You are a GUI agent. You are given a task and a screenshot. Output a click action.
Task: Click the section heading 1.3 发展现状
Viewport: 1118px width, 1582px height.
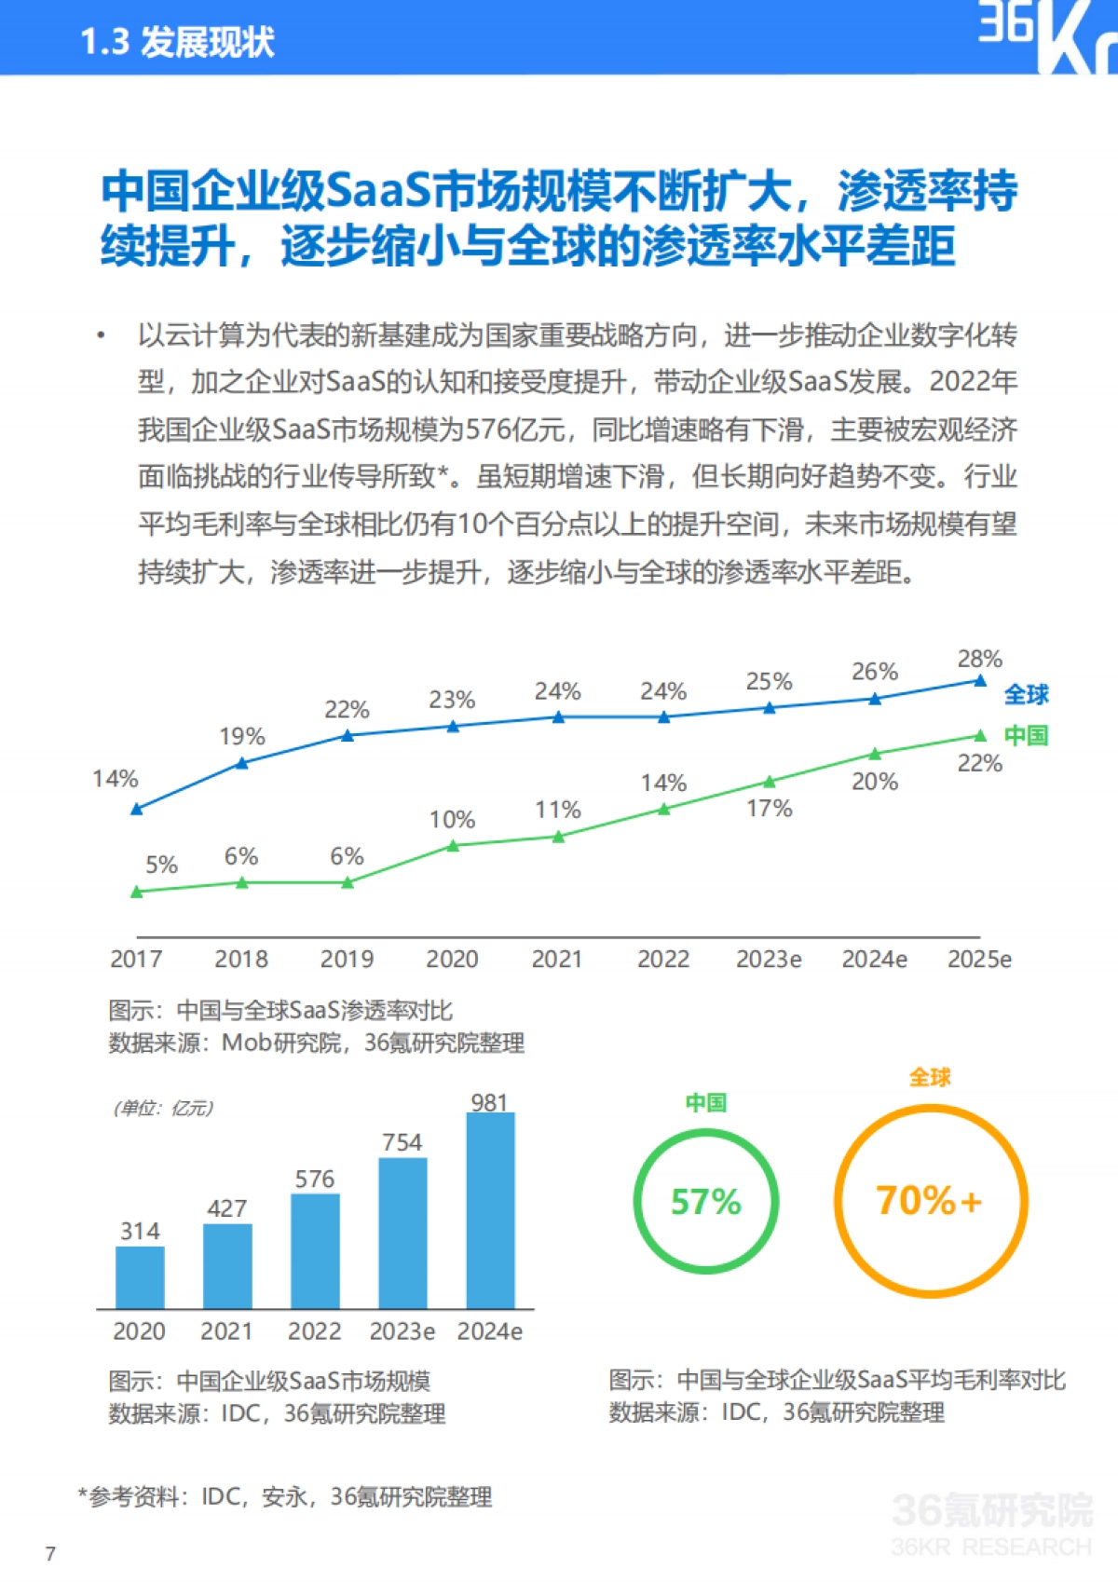coord(177,42)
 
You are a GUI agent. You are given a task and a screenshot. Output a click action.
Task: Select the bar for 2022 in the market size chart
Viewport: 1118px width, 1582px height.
coord(315,1250)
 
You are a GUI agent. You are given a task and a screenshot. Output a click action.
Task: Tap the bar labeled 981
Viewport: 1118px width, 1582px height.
coord(490,1209)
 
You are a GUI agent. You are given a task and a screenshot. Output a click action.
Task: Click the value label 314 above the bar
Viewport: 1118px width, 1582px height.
coord(140,1232)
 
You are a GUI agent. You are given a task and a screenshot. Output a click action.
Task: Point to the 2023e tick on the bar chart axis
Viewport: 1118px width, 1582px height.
coord(402,1331)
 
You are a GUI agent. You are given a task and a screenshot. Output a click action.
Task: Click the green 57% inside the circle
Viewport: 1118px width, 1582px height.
coord(705,1202)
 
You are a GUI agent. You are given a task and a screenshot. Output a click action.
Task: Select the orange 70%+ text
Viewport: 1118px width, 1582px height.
coord(929,1200)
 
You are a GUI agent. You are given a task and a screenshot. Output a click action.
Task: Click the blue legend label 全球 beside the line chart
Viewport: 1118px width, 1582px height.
coord(1026,694)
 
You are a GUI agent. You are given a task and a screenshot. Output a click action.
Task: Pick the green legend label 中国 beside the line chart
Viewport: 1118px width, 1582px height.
coord(1026,735)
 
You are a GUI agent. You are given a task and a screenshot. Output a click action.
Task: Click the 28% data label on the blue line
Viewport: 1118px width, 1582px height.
coord(979,660)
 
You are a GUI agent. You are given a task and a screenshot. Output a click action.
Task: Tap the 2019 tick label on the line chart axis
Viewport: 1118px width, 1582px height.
coord(347,959)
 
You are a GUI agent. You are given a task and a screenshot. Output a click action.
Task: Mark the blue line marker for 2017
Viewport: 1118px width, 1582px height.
coord(137,809)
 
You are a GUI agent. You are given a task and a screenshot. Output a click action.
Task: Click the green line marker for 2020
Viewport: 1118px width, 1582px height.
coord(453,846)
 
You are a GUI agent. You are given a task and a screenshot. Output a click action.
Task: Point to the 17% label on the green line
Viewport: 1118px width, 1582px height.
coord(769,809)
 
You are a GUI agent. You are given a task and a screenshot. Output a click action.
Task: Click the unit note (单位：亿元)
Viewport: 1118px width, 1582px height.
coord(163,1108)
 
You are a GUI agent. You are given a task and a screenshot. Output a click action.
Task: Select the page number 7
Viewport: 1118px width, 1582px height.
coord(50,1553)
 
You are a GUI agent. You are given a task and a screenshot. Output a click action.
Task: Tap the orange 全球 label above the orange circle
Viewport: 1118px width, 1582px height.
coord(929,1078)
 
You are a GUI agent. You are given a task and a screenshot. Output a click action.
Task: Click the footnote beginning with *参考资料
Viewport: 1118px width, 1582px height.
coord(285,1497)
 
